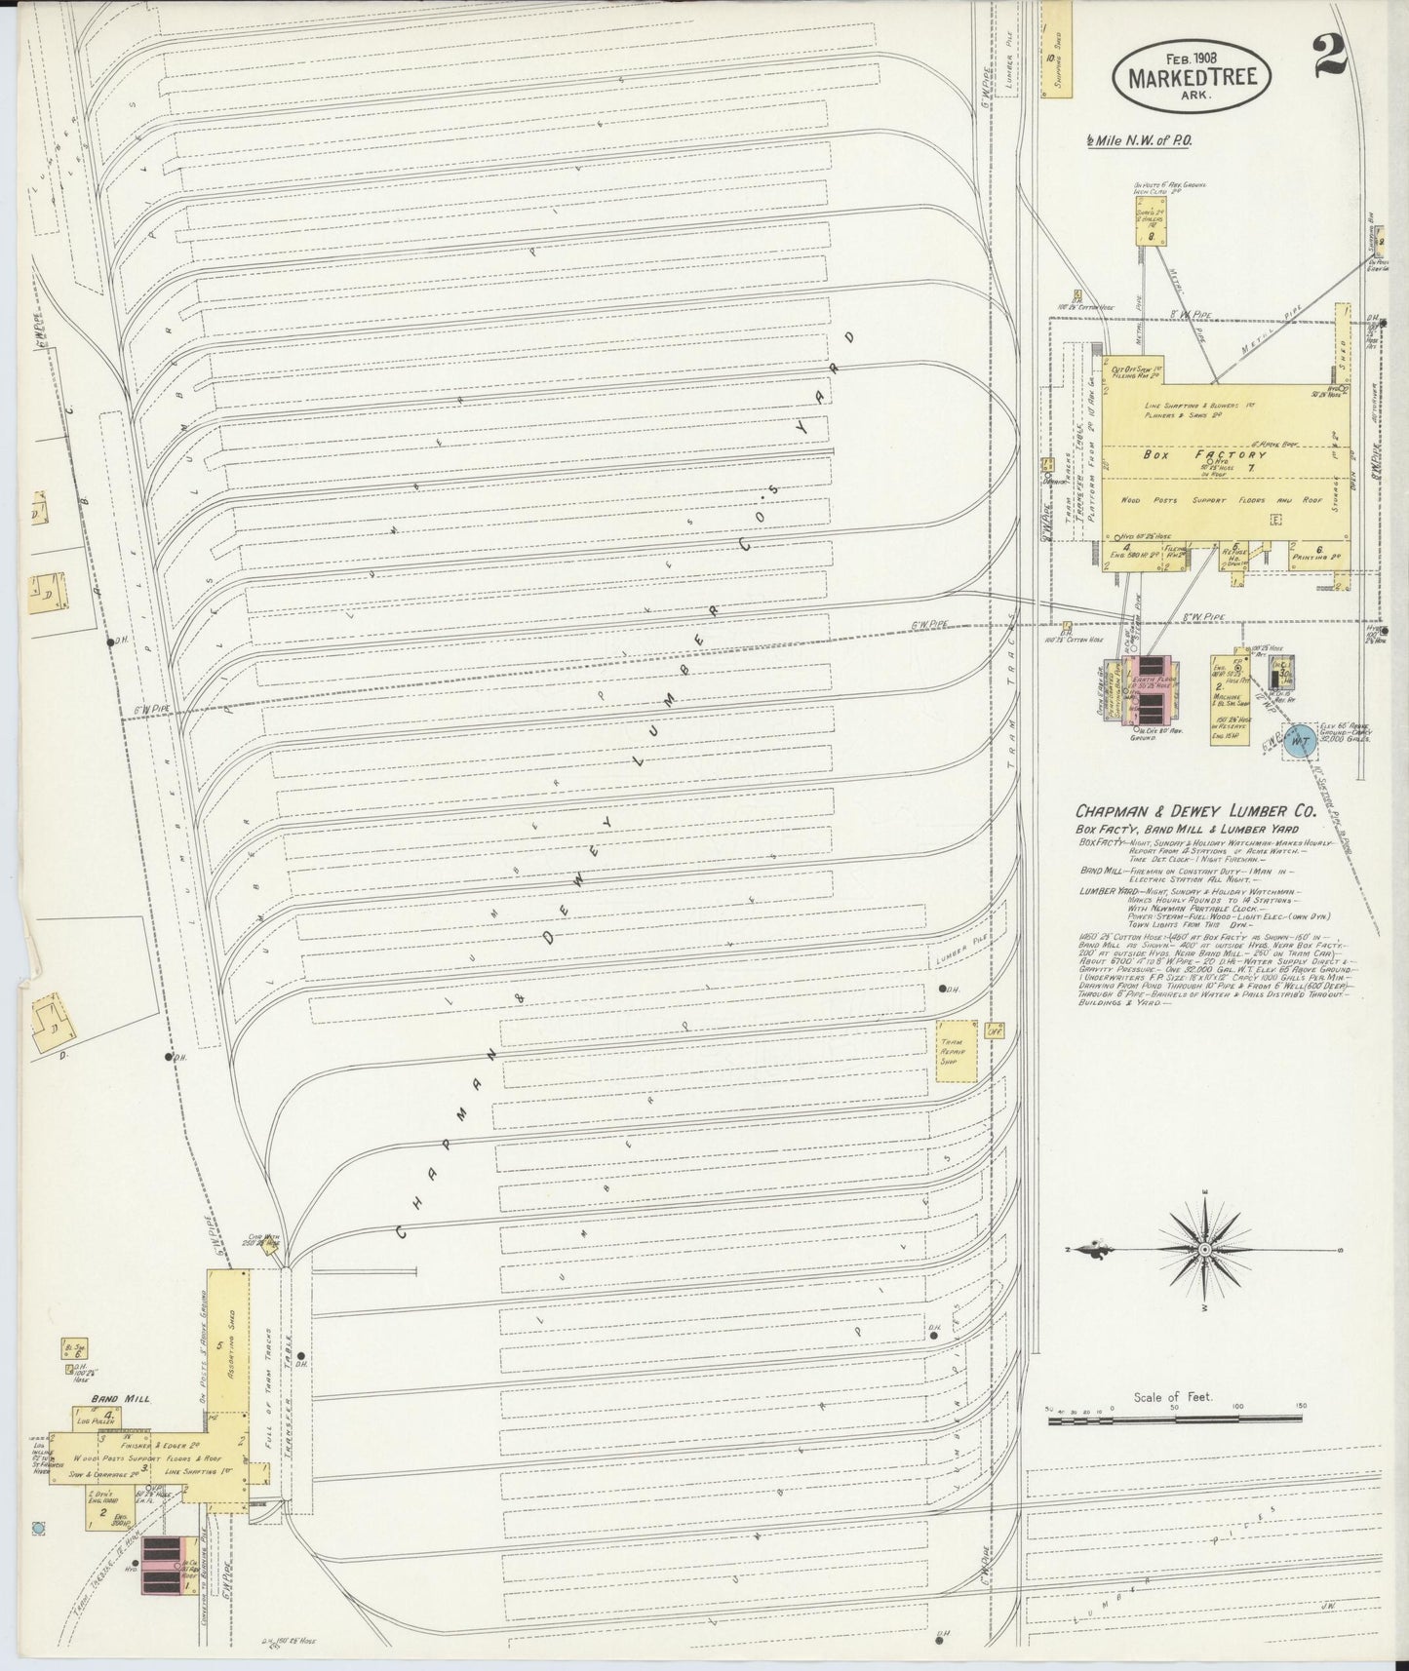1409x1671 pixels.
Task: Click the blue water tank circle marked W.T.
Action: (x=1298, y=742)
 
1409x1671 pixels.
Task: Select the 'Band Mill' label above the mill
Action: (x=120, y=1397)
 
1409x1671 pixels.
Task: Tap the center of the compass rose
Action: (x=1205, y=1249)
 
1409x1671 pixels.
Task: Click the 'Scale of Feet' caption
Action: (x=1171, y=1396)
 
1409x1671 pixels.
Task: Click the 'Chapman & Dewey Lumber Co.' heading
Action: (x=1195, y=810)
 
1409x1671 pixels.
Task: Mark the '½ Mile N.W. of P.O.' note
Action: (x=1140, y=140)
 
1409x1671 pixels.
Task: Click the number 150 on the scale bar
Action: (x=1301, y=1407)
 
